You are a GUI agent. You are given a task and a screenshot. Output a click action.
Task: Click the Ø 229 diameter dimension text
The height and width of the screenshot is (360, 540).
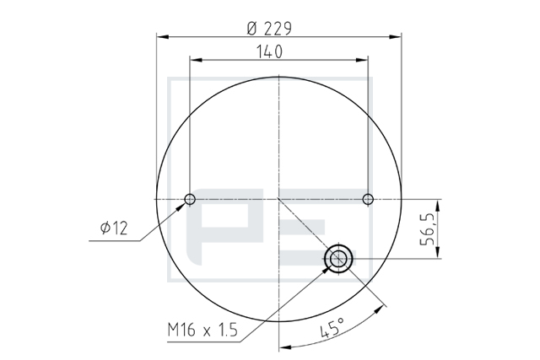(269, 29)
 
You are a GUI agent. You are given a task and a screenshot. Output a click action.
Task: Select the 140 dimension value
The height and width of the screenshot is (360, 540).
(269, 52)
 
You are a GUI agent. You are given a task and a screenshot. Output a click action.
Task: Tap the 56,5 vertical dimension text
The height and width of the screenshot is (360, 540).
(428, 229)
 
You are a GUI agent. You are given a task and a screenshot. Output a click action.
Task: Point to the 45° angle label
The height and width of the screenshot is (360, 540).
(332, 327)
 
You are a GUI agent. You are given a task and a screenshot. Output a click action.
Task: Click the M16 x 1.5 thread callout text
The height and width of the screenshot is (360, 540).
(202, 330)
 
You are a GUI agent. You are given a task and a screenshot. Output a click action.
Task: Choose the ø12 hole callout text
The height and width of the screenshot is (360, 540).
(114, 228)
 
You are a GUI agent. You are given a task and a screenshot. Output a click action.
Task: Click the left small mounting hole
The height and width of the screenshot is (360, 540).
(190, 199)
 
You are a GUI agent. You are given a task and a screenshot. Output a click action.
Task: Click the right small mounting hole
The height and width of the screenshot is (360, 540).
(368, 199)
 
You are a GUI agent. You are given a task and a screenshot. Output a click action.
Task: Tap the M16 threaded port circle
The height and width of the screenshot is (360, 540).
(338, 259)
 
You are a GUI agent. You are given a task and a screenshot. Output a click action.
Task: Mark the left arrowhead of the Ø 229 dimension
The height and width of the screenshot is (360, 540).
(163, 36)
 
